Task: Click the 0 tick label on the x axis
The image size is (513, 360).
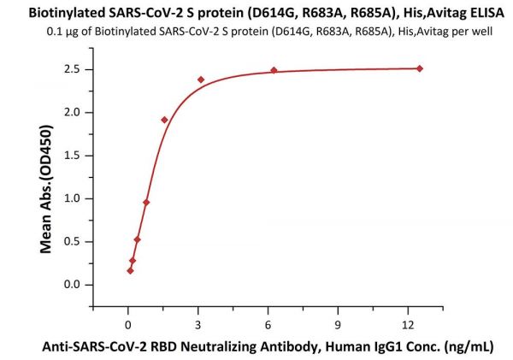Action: point(128,324)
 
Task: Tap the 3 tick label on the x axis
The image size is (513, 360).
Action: point(198,324)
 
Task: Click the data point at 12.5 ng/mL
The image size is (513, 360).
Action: point(420,68)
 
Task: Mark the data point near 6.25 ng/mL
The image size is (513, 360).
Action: point(274,70)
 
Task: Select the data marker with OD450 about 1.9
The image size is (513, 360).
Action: point(164,120)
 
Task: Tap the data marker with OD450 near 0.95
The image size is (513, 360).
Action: point(146,203)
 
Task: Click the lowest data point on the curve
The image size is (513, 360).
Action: point(130,270)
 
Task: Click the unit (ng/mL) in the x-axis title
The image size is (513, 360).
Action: point(467,347)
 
